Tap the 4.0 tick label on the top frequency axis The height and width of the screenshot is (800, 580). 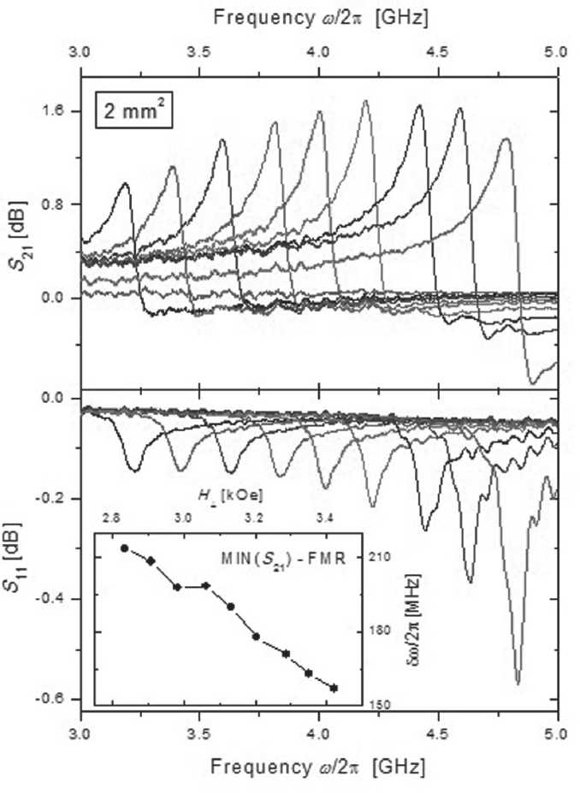click(318, 53)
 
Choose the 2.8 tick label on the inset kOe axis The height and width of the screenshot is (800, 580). click(110, 519)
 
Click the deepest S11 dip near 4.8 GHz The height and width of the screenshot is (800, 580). click(518, 682)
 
